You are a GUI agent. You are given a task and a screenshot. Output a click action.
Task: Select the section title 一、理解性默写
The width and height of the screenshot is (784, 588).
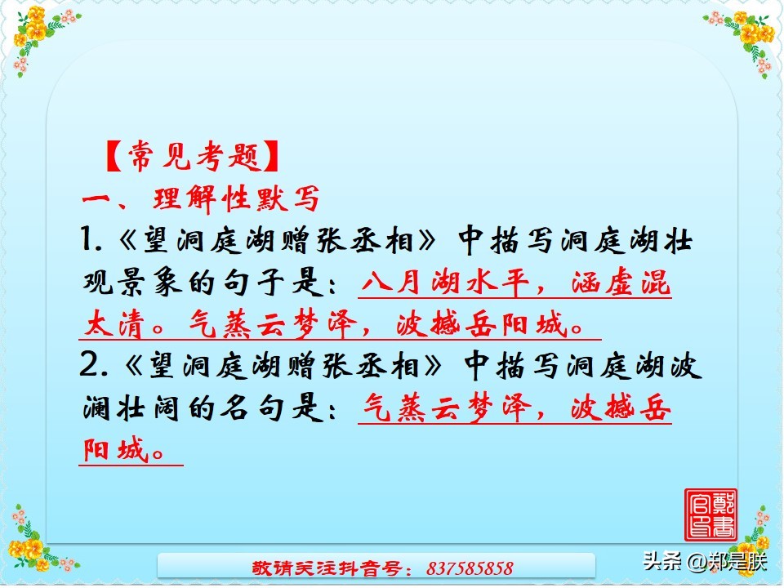point(201,198)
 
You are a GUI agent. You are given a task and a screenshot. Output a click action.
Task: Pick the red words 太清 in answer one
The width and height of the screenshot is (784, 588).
point(119,326)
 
